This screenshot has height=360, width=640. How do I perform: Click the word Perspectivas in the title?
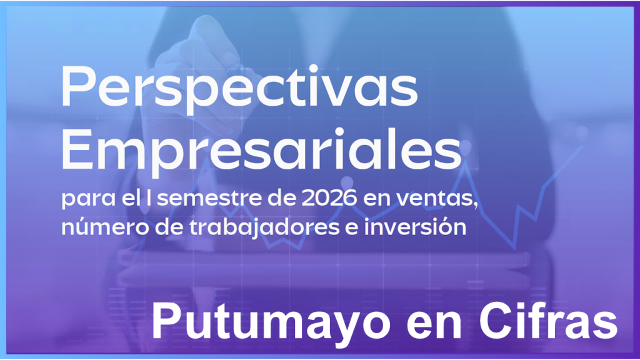(239, 89)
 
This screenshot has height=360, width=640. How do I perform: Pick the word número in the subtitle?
(89, 227)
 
